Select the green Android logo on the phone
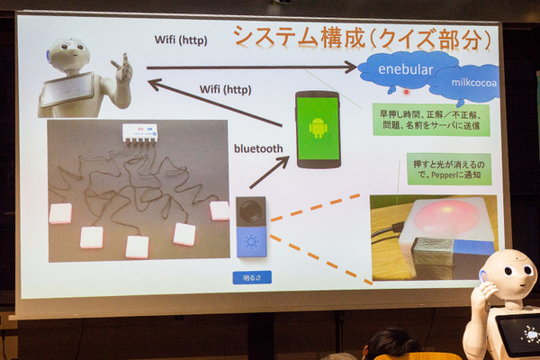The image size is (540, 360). [318, 128]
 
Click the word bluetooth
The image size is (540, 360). [259, 148]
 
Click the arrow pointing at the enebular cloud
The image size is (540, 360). [252, 67]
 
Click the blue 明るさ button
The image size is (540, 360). [250, 277]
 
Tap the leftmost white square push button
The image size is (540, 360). [60, 213]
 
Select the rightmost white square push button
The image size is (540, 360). [219, 211]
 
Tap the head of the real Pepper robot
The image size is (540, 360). [508, 274]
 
